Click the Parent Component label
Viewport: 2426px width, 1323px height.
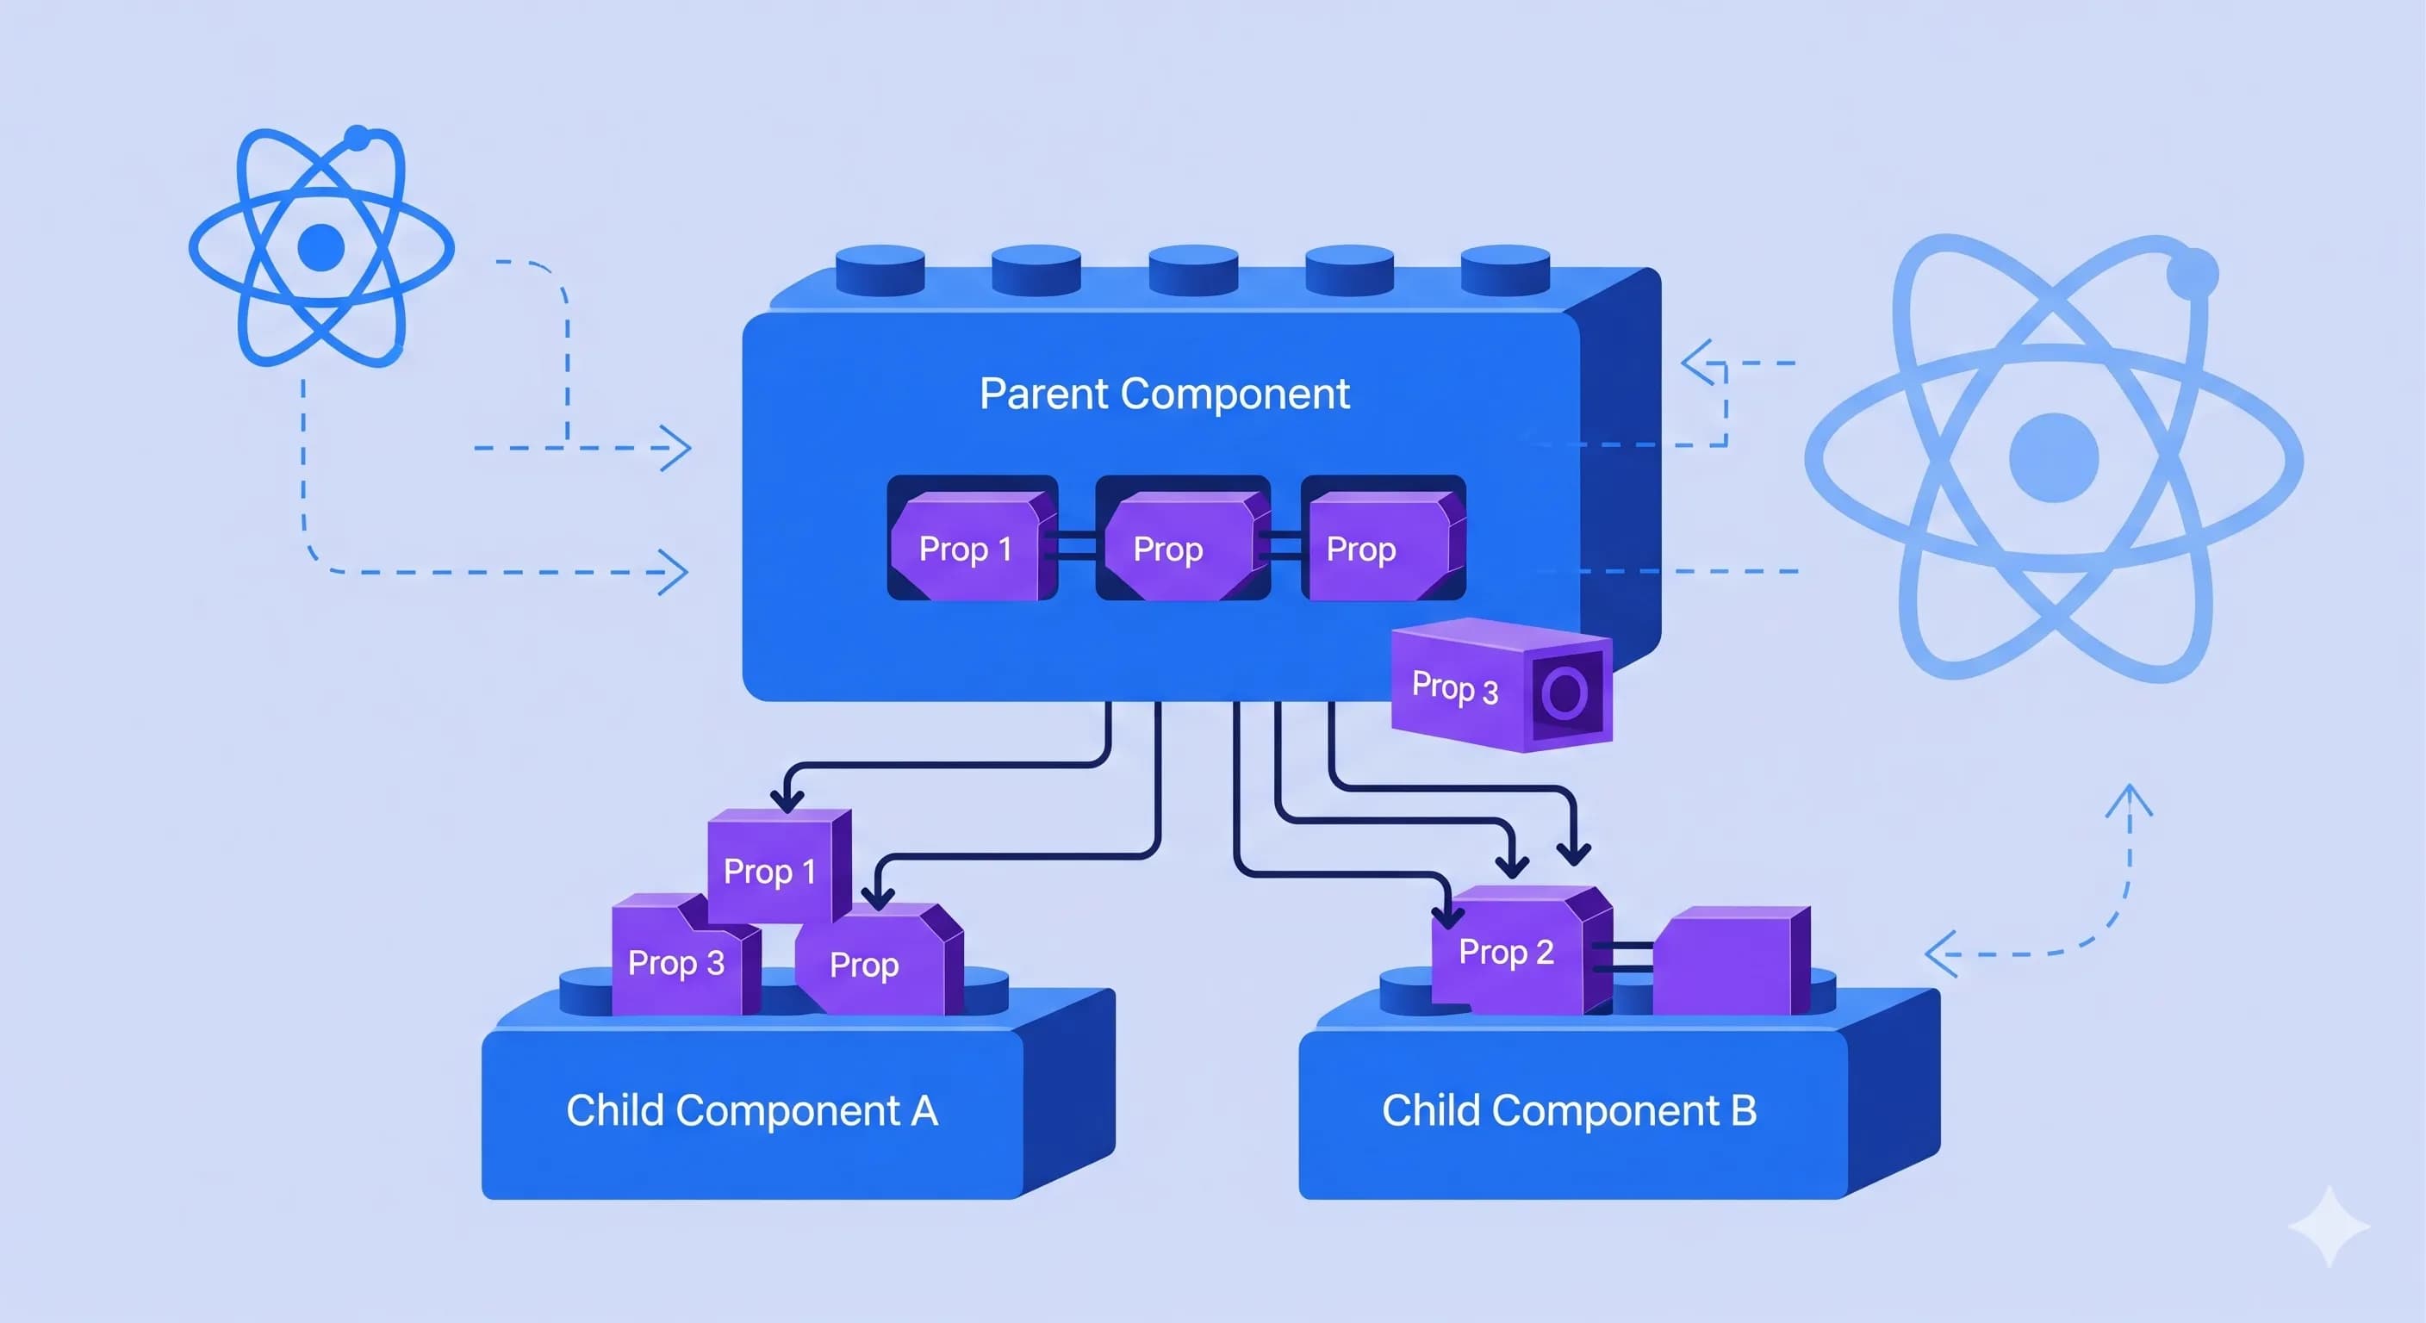(1164, 394)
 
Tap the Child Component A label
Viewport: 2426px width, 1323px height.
(751, 1111)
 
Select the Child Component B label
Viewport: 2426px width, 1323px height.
(1569, 1111)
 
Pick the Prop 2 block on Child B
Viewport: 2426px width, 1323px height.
(1507, 952)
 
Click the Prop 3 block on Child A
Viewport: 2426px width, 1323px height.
(676, 962)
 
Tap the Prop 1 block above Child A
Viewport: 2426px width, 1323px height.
(769, 871)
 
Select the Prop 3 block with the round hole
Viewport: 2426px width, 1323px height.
(1469, 687)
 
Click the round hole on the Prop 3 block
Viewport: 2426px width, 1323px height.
(1565, 694)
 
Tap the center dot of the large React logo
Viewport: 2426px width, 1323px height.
(2053, 457)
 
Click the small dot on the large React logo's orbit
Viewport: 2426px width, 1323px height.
(2193, 274)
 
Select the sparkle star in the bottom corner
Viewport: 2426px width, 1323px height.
(2328, 1226)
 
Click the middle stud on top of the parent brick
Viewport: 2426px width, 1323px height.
(1193, 269)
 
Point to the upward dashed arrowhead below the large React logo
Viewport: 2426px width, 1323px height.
(2130, 798)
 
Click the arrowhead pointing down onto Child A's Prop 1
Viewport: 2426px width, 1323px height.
(787, 800)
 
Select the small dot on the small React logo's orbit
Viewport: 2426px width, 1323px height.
(357, 140)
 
